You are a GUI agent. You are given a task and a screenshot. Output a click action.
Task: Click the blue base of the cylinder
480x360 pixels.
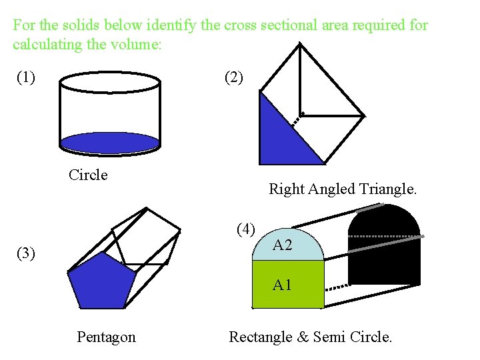110,142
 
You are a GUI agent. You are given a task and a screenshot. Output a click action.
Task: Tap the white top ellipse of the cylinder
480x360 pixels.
110,83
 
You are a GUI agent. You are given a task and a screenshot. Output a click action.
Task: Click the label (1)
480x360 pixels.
26,77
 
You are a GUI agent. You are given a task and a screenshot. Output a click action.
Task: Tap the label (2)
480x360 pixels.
234,77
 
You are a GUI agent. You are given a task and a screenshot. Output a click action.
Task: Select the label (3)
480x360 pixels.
27,253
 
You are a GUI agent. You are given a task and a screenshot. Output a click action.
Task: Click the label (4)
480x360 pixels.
246,229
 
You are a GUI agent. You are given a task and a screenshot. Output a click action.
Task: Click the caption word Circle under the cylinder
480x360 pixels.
88,175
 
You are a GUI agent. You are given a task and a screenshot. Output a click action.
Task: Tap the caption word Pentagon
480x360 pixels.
106,337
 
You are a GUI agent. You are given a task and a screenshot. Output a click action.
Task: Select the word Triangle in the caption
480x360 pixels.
388,189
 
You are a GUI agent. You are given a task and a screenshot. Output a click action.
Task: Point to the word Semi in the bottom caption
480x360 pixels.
327,337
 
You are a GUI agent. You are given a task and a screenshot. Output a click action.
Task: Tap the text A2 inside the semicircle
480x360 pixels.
283,245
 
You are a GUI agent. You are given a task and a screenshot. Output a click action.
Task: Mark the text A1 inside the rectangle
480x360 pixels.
283,286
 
